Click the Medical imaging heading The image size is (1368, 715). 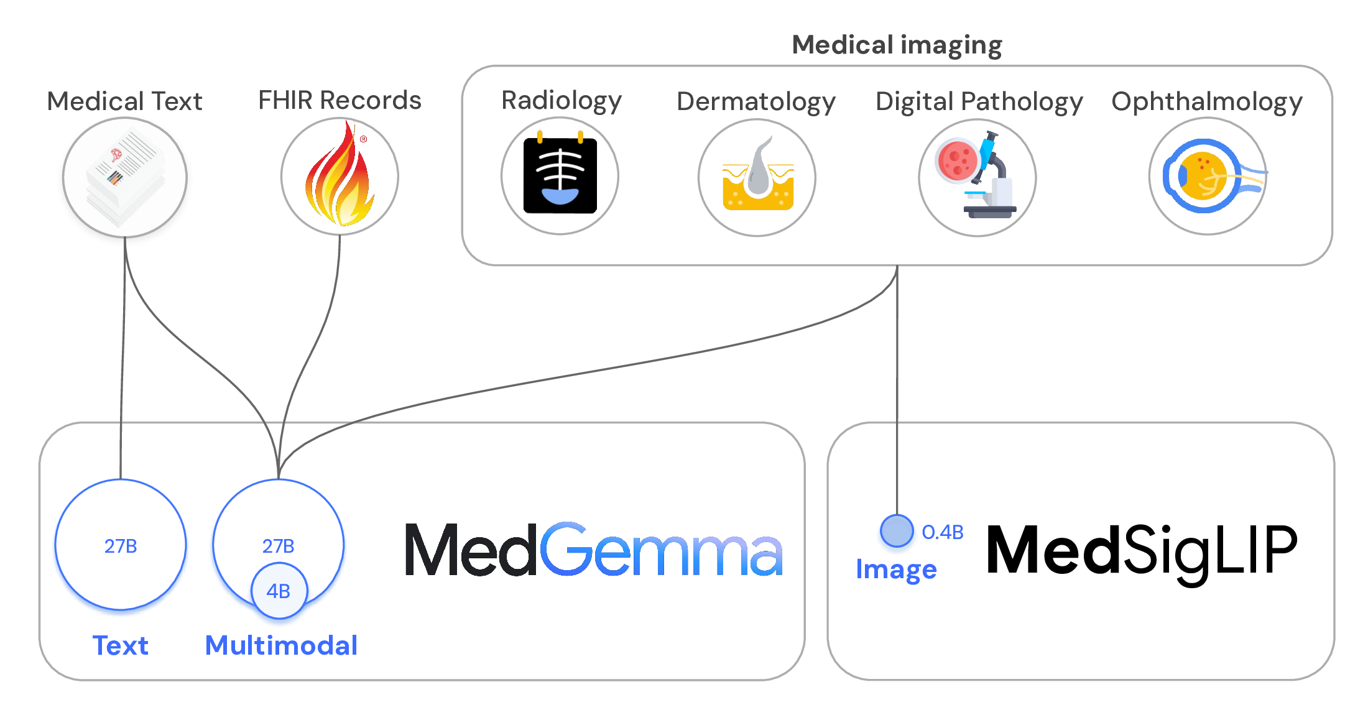coord(897,45)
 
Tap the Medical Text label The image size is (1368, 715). coord(124,101)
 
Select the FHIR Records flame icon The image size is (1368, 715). coord(340,177)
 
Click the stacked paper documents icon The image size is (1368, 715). coord(125,177)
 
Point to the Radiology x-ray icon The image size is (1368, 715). coord(560,176)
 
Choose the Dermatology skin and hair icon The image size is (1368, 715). coord(757,178)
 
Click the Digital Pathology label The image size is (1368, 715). coord(979,101)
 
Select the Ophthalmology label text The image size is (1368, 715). coord(1206,101)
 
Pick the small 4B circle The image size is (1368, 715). coord(279,591)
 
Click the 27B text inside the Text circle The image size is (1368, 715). coord(121,546)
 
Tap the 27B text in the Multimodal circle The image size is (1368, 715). coord(278,546)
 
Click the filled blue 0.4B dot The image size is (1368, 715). coord(897,531)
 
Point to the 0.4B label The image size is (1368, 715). coord(942,532)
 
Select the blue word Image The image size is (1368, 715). coord(896,570)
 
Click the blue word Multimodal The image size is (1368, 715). coord(281,645)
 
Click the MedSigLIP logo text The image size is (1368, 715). coord(1142,550)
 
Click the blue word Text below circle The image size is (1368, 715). coord(120,645)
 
